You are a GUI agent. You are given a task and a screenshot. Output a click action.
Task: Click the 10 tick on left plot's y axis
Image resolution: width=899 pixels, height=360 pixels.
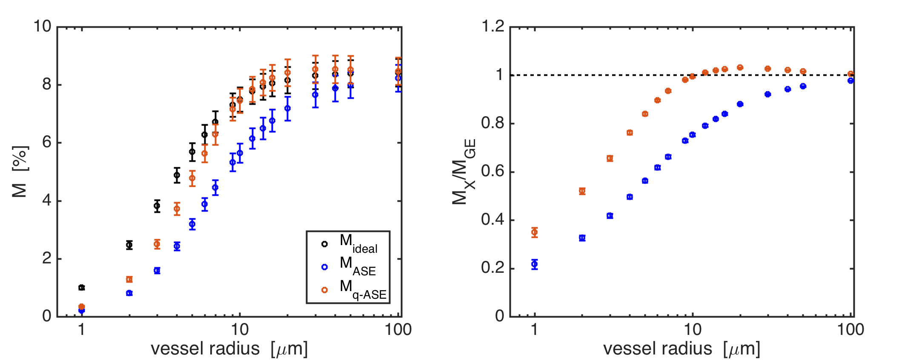tap(42, 27)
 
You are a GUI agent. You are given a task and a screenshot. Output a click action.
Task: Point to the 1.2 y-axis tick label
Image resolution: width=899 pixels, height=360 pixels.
tap(492, 27)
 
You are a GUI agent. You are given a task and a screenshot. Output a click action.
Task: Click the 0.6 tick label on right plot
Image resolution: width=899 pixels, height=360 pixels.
tap(492, 172)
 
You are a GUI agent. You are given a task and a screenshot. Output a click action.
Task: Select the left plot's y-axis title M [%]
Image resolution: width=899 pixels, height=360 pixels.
tap(20, 172)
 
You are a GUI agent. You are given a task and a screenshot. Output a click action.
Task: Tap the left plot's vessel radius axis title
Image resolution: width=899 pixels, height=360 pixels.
tap(229, 349)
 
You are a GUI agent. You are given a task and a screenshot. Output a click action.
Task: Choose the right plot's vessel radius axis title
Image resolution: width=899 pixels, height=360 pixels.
tap(681, 349)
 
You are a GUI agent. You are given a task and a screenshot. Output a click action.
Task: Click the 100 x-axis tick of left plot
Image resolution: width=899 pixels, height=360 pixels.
tap(398, 330)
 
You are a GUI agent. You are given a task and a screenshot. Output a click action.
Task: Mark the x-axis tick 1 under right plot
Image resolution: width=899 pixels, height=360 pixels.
tap(535, 330)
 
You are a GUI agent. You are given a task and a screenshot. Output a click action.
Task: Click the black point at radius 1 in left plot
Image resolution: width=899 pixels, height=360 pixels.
tap(82, 288)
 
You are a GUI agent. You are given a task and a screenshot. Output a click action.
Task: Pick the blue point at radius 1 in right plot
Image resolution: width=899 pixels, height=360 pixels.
tap(535, 264)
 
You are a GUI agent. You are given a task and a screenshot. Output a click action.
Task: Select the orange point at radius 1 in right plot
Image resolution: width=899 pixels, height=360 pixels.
tap(535, 232)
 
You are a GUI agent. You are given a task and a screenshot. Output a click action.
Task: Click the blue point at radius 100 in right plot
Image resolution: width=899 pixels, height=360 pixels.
tap(850, 80)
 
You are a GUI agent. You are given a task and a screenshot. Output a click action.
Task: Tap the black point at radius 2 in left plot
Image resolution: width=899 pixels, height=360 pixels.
tap(129, 245)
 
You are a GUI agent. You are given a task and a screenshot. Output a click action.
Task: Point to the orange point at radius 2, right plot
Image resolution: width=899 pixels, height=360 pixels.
tap(582, 191)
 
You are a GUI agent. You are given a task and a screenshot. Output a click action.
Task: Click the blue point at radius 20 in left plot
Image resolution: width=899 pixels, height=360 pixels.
tap(288, 109)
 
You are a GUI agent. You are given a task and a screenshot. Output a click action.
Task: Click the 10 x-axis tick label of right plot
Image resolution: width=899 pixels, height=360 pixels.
tap(693, 330)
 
